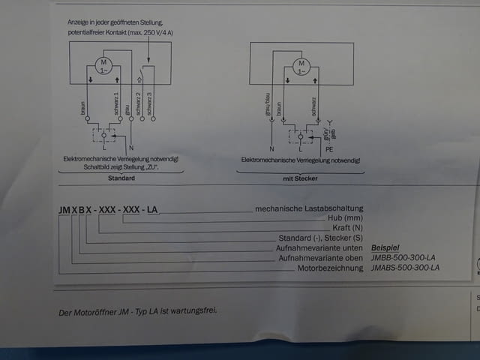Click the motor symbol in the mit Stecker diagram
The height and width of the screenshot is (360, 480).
click(301, 66)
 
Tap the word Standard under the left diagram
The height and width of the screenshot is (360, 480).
click(121, 179)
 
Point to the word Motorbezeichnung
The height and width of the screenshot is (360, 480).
click(330, 268)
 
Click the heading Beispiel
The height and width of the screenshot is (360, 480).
click(387, 247)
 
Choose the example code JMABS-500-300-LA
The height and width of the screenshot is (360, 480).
click(405, 268)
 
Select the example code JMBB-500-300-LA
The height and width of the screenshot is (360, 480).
click(403, 257)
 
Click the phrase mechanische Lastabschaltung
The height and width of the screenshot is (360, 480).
click(309, 208)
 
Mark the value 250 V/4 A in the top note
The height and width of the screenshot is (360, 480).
click(154, 32)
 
